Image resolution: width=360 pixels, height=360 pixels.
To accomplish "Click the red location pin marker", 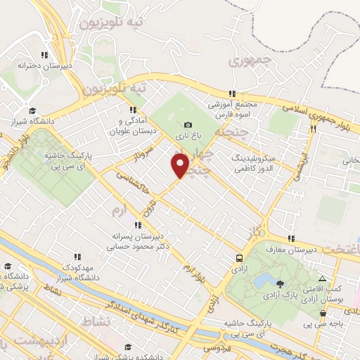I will coord(180,166).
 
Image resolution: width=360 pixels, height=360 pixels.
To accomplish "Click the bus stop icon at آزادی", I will coord(240,258).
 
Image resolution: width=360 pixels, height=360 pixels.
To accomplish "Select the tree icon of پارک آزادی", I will coord(281,283).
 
